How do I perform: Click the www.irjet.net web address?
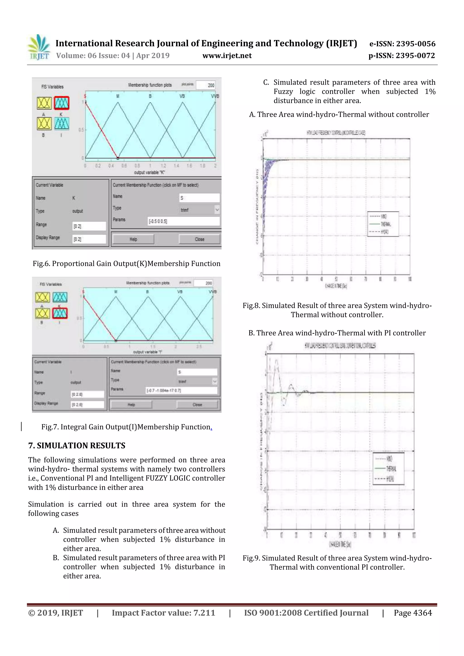point(227,56)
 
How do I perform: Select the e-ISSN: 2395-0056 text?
point(402,44)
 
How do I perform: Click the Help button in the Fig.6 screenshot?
point(133,239)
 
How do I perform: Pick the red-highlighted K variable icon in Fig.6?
point(61,103)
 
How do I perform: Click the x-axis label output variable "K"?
point(149,173)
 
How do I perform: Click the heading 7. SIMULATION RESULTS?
point(77,445)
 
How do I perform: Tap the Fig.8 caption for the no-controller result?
point(337,310)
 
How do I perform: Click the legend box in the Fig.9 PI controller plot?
point(389,469)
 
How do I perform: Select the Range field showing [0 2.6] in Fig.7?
point(87,394)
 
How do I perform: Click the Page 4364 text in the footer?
point(413,613)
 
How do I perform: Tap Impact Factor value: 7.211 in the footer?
point(163,613)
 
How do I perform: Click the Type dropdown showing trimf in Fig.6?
point(199,210)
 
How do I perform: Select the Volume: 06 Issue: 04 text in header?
point(113,56)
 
